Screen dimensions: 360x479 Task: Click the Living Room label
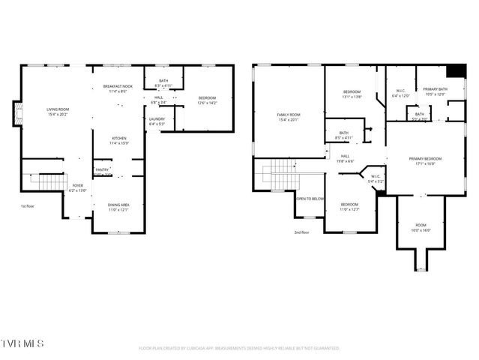point(58,112)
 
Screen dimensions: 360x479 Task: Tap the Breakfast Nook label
point(118,88)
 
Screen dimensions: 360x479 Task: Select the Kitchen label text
point(119,140)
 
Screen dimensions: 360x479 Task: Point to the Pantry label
point(102,170)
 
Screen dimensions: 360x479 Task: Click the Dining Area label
point(119,206)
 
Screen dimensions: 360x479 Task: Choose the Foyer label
point(78,187)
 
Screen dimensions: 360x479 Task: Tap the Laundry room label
point(157,121)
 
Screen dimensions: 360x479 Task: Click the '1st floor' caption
point(28,205)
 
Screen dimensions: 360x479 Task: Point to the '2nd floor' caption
point(301,232)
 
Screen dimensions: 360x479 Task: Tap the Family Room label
point(288,117)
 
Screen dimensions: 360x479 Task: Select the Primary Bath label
point(435,91)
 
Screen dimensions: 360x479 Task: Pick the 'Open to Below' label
point(310,199)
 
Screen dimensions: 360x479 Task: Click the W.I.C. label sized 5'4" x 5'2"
point(375,179)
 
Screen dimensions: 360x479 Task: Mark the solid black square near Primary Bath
point(455,70)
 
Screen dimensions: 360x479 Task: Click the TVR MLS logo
point(22,343)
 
